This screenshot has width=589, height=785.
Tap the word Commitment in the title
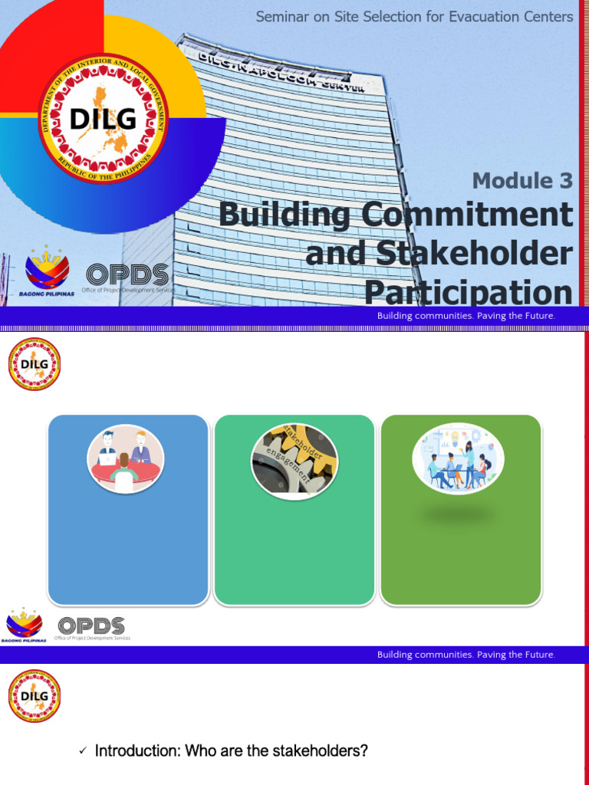468,215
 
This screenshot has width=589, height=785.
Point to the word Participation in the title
468,293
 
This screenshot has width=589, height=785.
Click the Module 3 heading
522,181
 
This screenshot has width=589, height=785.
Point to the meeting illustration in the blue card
124,458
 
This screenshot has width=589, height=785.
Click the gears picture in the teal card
294,461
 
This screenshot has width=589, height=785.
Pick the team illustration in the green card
458,459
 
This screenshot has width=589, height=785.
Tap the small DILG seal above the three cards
35,364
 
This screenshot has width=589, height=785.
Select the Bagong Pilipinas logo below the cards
25,625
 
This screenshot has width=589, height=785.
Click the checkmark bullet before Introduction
83,752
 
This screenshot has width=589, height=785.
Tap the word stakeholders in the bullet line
318,751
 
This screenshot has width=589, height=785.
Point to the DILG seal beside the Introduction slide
35,696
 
